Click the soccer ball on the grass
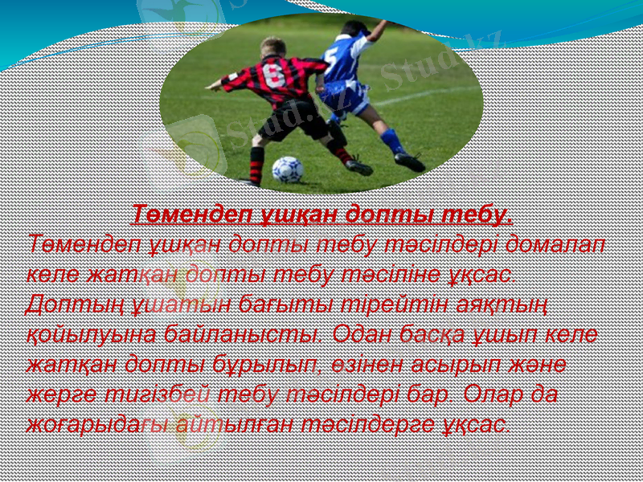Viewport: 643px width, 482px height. click(287, 169)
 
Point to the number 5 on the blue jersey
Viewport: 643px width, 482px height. click(331, 56)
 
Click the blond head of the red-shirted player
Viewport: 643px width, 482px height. click(272, 47)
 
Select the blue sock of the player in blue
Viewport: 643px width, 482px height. click(392, 141)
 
